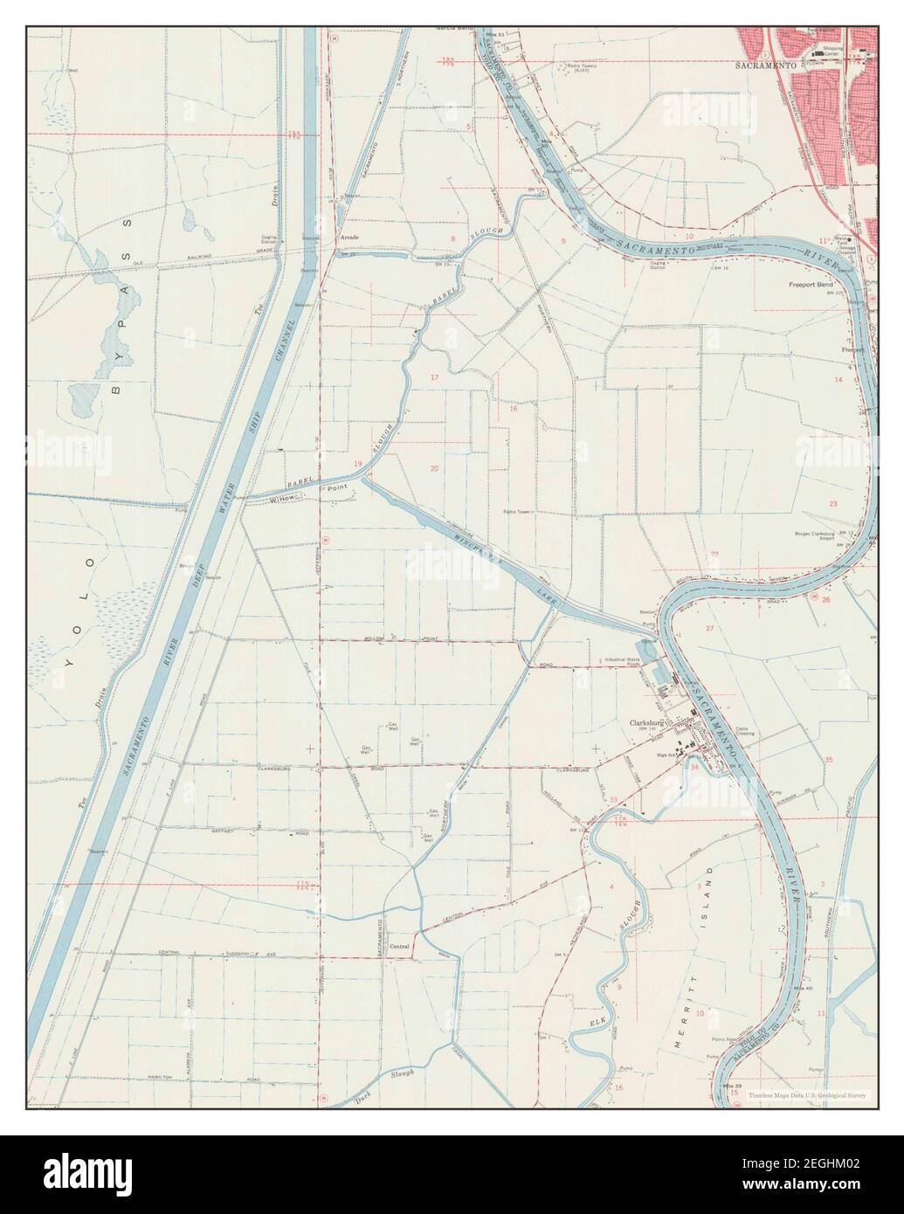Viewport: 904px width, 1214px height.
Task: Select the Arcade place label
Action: point(349,238)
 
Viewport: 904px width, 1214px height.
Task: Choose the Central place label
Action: point(399,946)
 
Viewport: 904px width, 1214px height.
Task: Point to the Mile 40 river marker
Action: point(802,987)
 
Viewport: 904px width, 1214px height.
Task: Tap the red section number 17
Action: point(434,377)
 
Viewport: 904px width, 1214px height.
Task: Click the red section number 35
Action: point(829,760)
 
